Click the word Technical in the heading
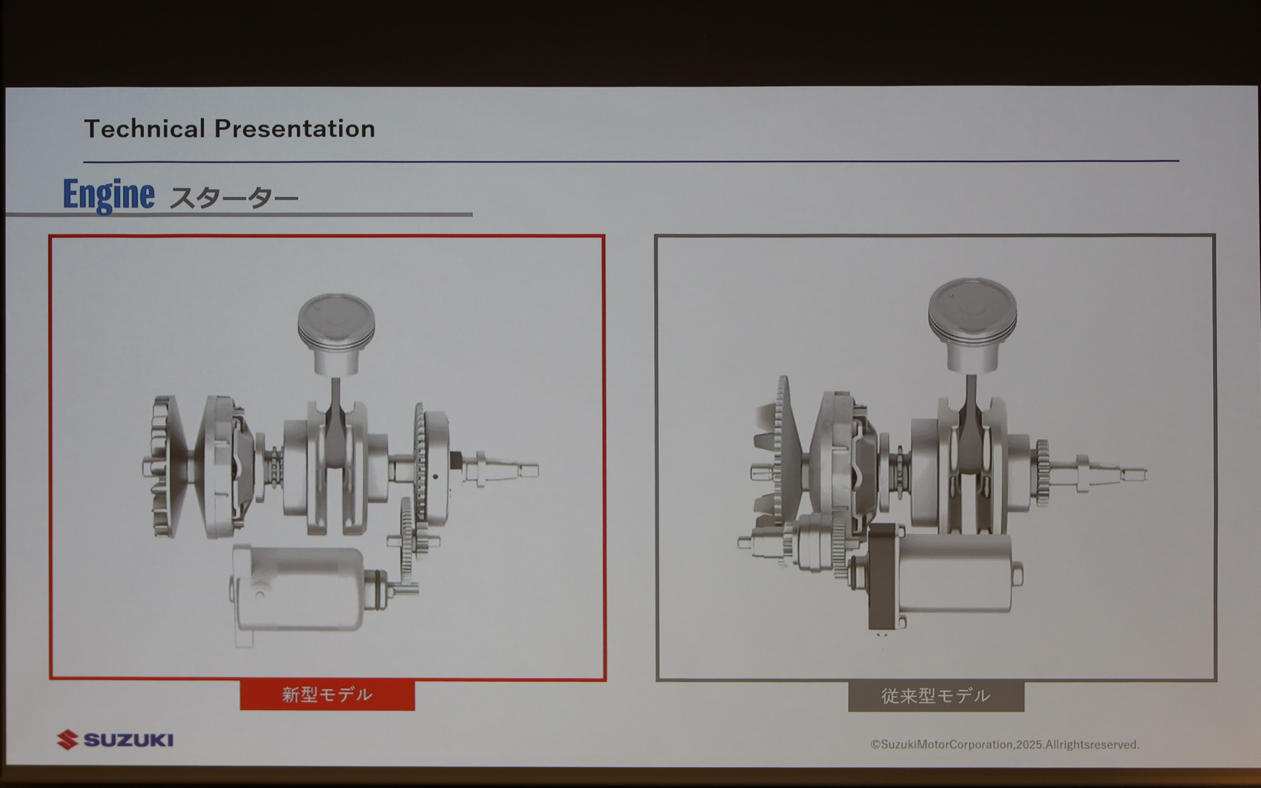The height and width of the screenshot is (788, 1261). pos(144,129)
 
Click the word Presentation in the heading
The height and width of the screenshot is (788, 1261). pos(295,129)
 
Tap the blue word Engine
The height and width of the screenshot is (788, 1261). pos(109,195)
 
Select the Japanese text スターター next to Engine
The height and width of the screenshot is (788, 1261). pos(234,198)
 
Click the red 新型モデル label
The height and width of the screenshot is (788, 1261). pos(327,695)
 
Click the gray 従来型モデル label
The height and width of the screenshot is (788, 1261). pos(936,696)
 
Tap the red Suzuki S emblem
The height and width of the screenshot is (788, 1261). pos(67,740)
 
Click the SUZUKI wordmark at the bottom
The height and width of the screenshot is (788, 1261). pos(129,741)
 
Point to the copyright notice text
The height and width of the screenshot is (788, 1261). pos(1005,745)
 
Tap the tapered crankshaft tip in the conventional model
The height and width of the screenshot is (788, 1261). pos(1110,473)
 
